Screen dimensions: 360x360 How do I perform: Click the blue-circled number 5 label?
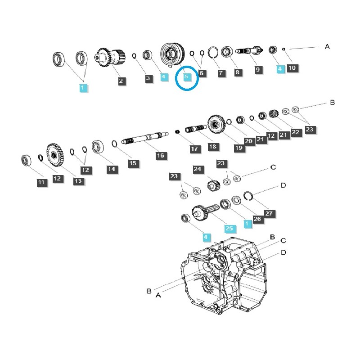(x=186, y=76)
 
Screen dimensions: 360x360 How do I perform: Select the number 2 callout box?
(x=121, y=81)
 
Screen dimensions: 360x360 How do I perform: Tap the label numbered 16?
(x=161, y=156)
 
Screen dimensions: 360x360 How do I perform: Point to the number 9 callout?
(x=258, y=70)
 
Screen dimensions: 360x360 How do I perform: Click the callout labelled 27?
(x=269, y=213)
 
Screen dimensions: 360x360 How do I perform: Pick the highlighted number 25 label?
(x=229, y=228)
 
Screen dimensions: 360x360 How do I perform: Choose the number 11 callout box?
(x=41, y=183)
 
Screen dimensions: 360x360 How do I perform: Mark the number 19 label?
(x=239, y=148)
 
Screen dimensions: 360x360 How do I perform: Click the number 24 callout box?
(x=198, y=169)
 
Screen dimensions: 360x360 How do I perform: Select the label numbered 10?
(x=292, y=68)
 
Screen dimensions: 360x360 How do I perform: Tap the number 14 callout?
(x=112, y=169)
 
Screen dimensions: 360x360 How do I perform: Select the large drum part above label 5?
(x=172, y=54)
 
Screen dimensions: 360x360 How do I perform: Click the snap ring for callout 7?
(x=213, y=53)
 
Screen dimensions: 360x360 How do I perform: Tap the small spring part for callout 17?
(x=177, y=132)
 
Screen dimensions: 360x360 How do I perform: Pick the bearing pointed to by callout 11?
(x=26, y=160)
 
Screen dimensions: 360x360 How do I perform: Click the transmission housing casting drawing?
(x=224, y=276)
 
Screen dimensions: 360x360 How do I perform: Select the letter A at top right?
(x=328, y=47)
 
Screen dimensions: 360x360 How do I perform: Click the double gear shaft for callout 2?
(x=110, y=57)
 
